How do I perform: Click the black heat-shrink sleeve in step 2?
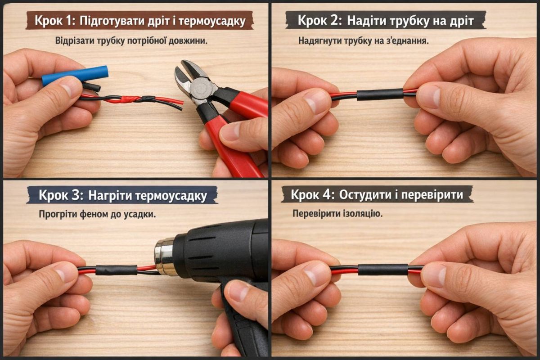(x=380, y=94)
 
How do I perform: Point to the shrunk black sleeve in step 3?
(x=116, y=270)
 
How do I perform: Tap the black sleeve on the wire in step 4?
(x=383, y=270)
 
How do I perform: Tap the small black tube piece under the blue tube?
(x=91, y=87)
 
